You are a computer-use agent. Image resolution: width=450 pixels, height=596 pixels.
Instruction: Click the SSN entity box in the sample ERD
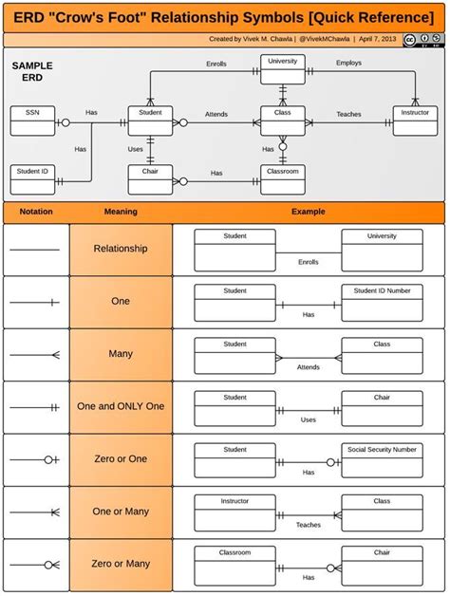pos(32,121)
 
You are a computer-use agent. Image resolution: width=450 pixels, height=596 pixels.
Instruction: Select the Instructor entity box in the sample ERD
pos(415,121)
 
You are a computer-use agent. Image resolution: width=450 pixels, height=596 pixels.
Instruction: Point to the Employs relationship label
pos(348,63)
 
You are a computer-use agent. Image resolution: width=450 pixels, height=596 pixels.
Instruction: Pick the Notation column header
pos(36,212)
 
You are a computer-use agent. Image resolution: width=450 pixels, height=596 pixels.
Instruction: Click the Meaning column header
pos(121,212)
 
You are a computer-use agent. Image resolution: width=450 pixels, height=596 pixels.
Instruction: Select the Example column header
pos(308,212)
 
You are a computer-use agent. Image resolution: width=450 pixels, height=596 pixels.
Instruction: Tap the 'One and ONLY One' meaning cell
pos(121,406)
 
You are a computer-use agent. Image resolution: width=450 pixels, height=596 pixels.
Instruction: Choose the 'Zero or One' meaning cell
pos(121,459)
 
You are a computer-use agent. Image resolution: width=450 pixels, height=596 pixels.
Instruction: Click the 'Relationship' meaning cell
pos(121,249)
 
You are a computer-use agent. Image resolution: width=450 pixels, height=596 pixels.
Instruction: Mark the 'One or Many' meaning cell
pos(121,512)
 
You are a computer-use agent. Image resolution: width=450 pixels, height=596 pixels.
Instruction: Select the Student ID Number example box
pos(382,303)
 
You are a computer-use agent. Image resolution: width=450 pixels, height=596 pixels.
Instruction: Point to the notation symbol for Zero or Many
pos(36,565)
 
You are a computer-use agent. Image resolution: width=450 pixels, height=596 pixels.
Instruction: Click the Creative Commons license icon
pos(411,40)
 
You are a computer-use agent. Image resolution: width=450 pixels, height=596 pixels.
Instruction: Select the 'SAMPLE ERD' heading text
pos(32,71)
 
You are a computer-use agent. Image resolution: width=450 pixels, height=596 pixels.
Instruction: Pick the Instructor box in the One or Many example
pos(234,512)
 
